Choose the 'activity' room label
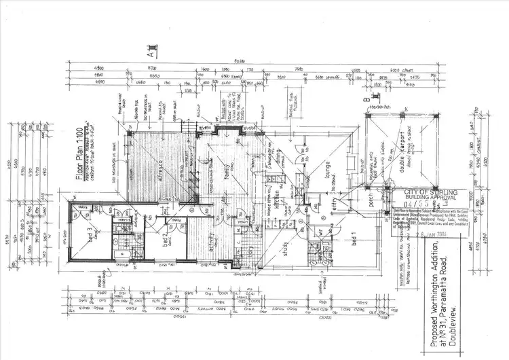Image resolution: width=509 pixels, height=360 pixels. point(210,252)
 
